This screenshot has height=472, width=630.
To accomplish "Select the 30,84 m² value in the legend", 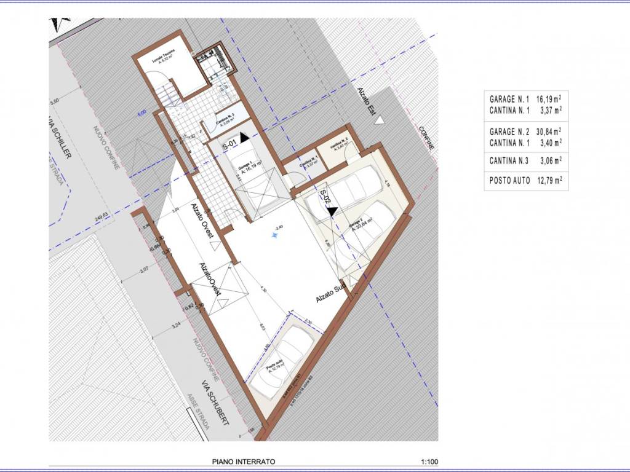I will tap(548, 131).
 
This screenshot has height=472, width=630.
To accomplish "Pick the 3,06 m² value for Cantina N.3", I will tap(548, 162).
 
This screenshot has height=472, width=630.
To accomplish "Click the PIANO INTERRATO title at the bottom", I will tap(244, 461).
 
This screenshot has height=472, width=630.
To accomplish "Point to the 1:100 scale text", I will tap(431, 461).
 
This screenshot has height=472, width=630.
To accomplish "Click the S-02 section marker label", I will tap(324, 197).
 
